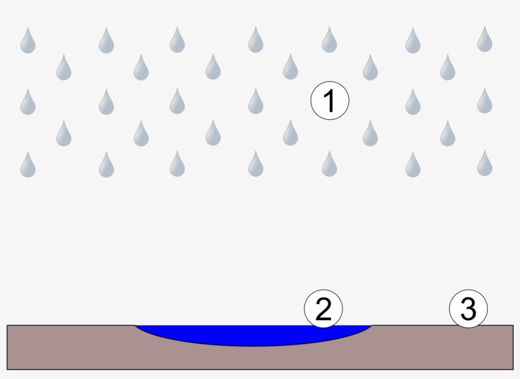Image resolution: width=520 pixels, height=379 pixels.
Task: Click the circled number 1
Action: click(x=330, y=101)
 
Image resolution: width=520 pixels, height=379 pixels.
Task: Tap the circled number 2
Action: click(x=323, y=309)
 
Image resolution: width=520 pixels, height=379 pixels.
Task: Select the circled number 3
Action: click(x=468, y=309)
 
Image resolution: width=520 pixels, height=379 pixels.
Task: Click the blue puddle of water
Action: click(x=254, y=335)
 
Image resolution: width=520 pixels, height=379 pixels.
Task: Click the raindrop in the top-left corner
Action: click(x=27, y=41)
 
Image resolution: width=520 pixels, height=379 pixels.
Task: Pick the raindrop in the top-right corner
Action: click(x=485, y=39)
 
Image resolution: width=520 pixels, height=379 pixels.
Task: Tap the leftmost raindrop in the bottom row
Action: click(x=27, y=165)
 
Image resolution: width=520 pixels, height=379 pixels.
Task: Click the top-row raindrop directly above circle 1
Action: click(x=328, y=40)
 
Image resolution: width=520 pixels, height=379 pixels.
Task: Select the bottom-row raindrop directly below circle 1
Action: click(x=328, y=164)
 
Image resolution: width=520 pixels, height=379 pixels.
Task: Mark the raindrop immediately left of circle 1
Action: click(x=256, y=102)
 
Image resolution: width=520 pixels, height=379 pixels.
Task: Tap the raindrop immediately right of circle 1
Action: click(x=413, y=102)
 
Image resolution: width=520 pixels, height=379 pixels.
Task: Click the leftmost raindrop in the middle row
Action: click(x=27, y=102)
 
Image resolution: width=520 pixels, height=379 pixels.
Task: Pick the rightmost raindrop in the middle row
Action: click(x=485, y=101)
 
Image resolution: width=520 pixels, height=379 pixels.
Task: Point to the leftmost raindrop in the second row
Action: click(x=63, y=68)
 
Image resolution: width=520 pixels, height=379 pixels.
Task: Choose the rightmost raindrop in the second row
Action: click(x=448, y=68)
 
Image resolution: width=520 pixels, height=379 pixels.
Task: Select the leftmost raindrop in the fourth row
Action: click(x=63, y=133)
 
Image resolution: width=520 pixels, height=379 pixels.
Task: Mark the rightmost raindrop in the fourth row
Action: click(x=448, y=133)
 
